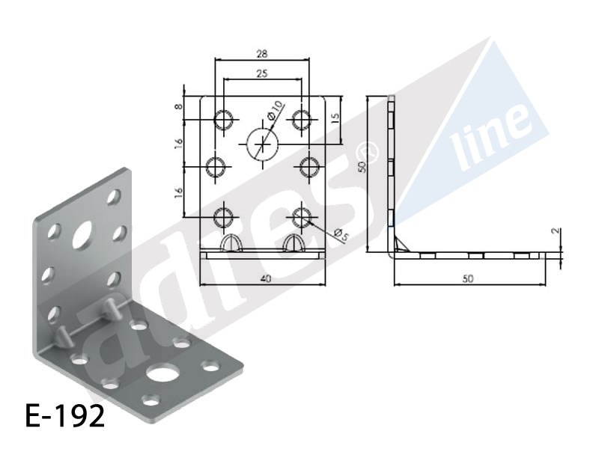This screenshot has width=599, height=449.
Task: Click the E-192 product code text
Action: point(65,416)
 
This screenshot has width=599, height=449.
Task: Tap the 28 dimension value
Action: point(261,54)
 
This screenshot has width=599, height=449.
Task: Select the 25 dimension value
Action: point(261,73)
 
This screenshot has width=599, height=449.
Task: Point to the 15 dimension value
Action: point(335,117)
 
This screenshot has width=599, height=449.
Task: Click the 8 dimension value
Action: point(179,106)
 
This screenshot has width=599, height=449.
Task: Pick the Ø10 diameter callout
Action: point(276,109)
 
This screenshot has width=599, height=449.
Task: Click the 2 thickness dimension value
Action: point(556,231)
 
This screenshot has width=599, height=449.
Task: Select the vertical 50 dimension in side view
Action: point(362,166)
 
